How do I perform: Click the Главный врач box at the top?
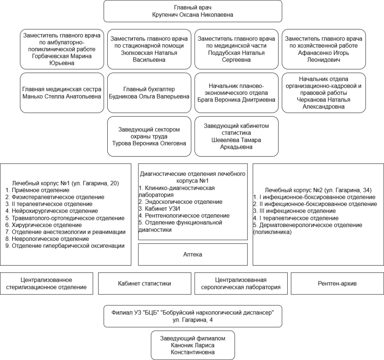[193, 11]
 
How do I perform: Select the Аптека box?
[193, 254]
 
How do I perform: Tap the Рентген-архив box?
[337, 284]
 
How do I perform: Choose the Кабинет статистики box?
[144, 284]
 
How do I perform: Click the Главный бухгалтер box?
[149, 93]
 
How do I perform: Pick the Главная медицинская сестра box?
[62, 93]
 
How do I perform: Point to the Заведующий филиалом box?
[193, 345]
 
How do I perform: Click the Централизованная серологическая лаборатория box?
[241, 284]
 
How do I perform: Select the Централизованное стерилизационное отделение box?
[46, 284]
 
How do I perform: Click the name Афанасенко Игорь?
[324, 53]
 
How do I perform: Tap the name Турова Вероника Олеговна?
[149, 143]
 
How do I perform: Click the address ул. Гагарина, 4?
[193, 320]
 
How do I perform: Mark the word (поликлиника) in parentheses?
[272, 232]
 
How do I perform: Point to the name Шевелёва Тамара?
[236, 140]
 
